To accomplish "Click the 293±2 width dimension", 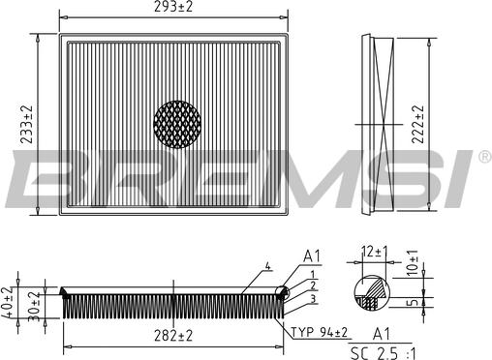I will point(175,8).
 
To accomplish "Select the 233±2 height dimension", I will point(28,125).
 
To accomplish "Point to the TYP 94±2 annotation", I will point(321,333).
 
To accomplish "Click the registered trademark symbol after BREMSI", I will point(483,155).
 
